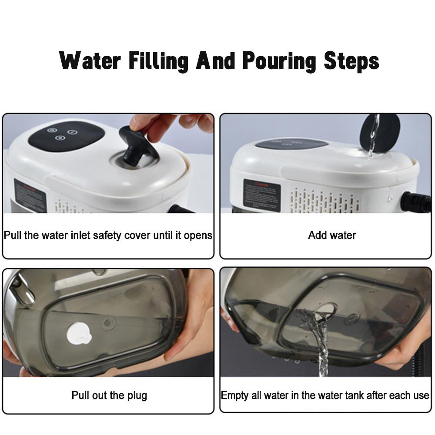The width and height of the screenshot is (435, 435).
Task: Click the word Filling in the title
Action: pos(159,61)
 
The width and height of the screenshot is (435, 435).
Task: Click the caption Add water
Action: pos(332,235)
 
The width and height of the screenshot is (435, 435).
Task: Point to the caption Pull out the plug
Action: pos(109,395)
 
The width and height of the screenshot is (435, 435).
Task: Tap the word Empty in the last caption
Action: pos(235,395)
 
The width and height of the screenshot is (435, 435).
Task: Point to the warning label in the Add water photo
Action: pos(261,194)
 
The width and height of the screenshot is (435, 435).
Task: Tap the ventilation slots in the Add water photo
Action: pos(324,201)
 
